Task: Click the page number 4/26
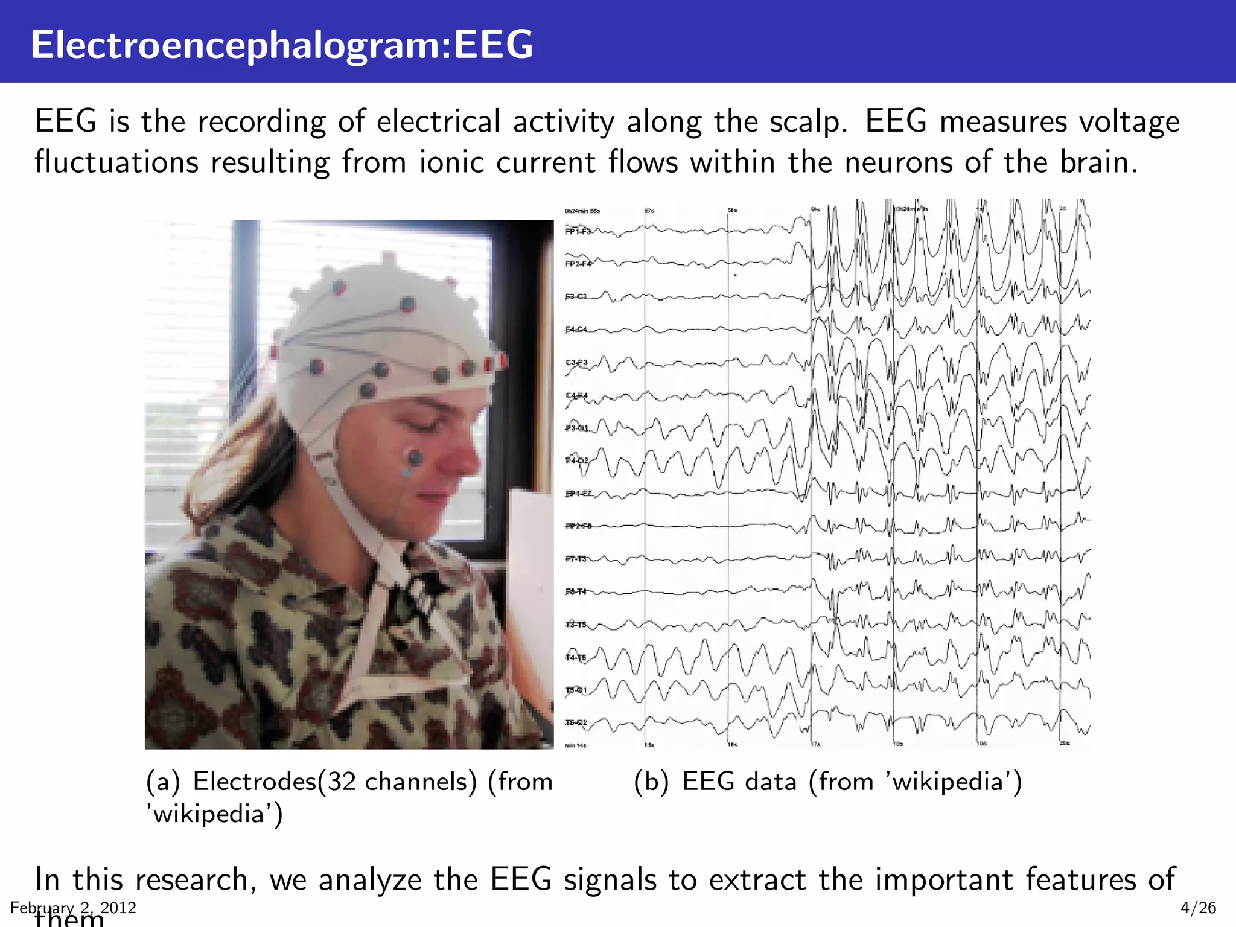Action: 1198,908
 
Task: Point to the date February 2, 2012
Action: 73,908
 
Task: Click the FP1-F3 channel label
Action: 578,231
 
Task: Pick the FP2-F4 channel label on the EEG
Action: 578,264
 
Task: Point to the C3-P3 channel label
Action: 576,363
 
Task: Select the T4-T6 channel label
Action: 576,658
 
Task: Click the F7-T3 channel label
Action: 576,559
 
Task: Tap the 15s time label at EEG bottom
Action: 649,745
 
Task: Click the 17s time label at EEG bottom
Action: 815,745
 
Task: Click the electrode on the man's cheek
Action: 415,457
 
